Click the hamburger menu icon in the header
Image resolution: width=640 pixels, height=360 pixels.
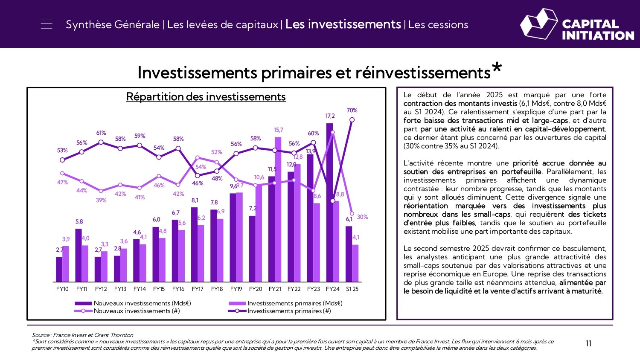pyautogui.click(x=47, y=24)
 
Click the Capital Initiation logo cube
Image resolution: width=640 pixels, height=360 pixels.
pyautogui.click(x=538, y=24)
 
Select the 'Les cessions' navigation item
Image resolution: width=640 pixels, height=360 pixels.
pyautogui.click(x=438, y=25)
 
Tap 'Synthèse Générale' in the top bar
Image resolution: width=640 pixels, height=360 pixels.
pyautogui.click(x=113, y=25)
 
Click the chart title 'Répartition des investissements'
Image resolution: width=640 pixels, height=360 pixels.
pyautogui.click(x=206, y=97)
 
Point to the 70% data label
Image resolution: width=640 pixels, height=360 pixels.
pyautogui.click(x=352, y=110)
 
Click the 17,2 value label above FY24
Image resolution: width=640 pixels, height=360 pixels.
pyautogui.click(x=330, y=116)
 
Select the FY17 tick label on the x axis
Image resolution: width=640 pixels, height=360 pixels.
pyautogui.click(x=198, y=289)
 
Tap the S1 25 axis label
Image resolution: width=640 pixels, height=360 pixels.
pyautogui.click(x=352, y=289)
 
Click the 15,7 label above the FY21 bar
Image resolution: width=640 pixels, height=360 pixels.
pyautogui.click(x=278, y=130)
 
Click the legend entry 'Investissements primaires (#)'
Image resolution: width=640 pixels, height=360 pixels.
pyautogui.click(x=289, y=311)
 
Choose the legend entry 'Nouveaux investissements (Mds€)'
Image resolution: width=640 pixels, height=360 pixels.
pyautogui.click(x=142, y=303)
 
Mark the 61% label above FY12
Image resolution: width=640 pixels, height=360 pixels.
pyautogui.click(x=101, y=133)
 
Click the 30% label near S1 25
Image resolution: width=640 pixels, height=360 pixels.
pyautogui.click(x=362, y=217)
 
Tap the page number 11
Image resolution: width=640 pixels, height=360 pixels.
pyautogui.click(x=588, y=344)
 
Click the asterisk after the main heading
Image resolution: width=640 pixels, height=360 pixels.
pyautogui.click(x=496, y=68)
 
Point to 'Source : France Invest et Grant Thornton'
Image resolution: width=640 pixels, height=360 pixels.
pyautogui.click(x=82, y=335)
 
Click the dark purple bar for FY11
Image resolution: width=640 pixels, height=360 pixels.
pyautogui.click(x=79, y=256)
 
